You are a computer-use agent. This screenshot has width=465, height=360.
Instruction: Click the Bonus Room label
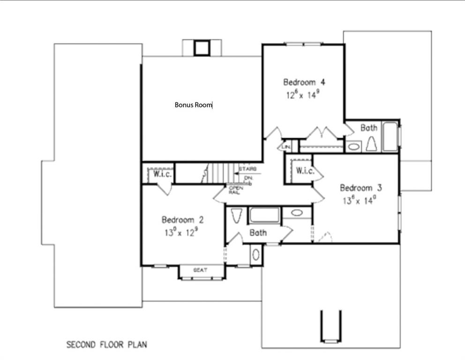tap(193, 105)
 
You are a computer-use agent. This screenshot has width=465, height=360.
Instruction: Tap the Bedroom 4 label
tap(304, 82)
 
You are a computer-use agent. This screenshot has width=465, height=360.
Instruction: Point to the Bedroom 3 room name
tap(360, 188)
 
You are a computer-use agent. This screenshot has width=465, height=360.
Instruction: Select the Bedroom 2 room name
tap(182, 219)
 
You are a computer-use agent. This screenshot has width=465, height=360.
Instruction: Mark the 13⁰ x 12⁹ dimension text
tap(183, 232)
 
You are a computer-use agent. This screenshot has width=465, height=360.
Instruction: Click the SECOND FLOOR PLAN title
tap(106, 345)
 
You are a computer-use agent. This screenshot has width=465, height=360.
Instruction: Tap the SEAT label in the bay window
tap(201, 270)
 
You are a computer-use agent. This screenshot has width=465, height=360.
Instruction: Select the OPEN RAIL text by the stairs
tap(234, 190)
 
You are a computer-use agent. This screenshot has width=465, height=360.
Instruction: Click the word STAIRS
tap(247, 168)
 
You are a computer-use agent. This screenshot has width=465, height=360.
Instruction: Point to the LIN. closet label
tap(286, 147)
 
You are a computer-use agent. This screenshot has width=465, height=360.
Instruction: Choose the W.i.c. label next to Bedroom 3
tap(305, 171)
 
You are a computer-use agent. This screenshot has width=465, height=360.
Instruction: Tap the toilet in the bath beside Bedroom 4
tap(371, 144)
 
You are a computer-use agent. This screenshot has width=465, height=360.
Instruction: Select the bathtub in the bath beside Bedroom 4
tap(390, 136)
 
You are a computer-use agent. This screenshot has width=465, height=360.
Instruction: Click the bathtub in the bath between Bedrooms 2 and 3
tap(264, 215)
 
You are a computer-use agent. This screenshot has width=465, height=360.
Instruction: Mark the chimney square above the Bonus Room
tap(202, 48)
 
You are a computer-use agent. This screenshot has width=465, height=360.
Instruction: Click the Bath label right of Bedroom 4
tap(368, 127)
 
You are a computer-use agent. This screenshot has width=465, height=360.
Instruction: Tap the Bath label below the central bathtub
tap(258, 232)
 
